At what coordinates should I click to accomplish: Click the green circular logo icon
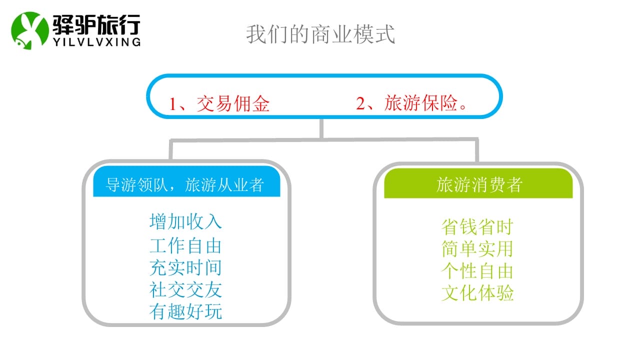29,30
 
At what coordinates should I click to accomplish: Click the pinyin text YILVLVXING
96,42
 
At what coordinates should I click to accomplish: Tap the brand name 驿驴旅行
96,24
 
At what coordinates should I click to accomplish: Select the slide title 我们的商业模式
320,34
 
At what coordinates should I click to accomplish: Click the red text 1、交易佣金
219,103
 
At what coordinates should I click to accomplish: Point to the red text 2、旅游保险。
411,103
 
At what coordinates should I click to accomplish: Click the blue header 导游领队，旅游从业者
184,184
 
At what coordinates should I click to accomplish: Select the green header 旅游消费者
479,184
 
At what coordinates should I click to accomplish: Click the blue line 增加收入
185,221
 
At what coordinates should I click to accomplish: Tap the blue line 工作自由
185,246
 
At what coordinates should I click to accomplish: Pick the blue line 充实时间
185,267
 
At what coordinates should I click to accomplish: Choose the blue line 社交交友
185,289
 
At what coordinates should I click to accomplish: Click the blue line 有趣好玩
185,311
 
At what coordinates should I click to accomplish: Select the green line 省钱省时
477,227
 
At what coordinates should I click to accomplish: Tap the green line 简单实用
477,249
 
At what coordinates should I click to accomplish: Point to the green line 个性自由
477,271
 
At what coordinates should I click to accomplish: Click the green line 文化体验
477,293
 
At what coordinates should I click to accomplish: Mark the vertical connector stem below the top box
321,129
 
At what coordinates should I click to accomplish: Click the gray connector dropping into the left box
171,149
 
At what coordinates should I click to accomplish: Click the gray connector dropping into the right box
477,150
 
